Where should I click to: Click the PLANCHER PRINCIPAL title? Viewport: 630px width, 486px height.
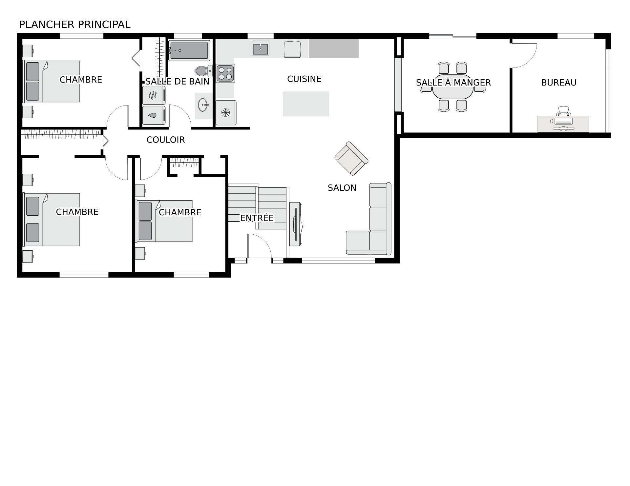click(x=75, y=25)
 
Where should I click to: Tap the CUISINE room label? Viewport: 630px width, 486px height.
click(x=304, y=79)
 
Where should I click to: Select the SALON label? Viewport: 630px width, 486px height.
click(x=342, y=188)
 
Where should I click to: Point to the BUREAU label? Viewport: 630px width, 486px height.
click(x=559, y=83)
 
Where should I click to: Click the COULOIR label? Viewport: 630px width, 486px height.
click(x=166, y=140)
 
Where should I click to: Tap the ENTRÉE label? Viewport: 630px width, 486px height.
click(x=257, y=218)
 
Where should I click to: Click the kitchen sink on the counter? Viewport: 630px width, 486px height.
click(x=261, y=48)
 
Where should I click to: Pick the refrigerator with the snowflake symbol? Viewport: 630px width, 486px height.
click(x=225, y=113)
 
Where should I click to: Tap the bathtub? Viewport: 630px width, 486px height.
click(x=189, y=50)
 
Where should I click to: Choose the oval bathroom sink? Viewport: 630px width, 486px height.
click(x=203, y=105)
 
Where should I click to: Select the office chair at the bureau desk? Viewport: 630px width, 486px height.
click(x=563, y=112)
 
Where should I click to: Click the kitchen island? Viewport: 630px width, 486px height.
click(x=306, y=104)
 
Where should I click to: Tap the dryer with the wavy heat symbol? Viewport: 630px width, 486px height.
click(x=154, y=95)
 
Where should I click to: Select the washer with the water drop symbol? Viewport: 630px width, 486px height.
click(x=154, y=115)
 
